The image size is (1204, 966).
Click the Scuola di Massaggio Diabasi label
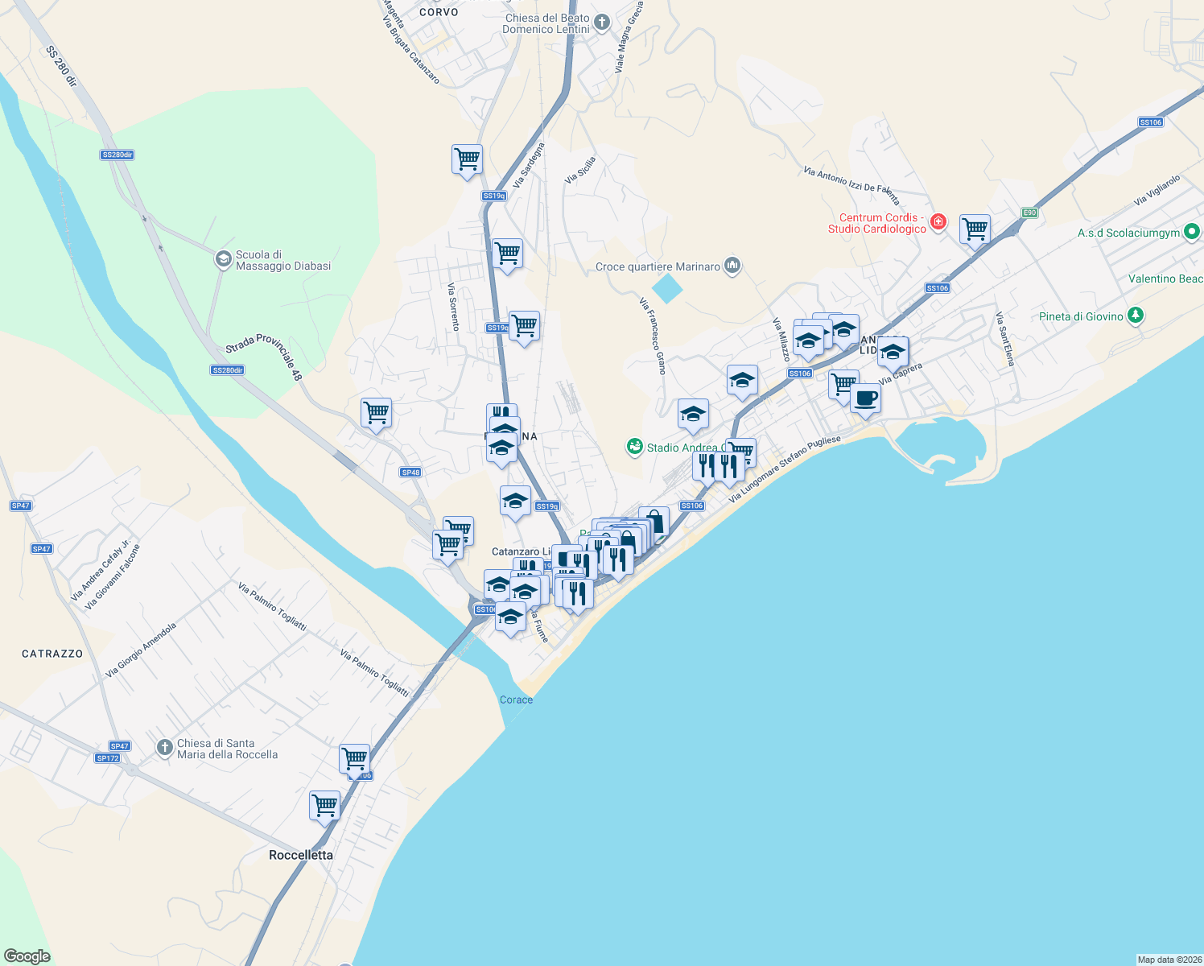[x=282, y=260]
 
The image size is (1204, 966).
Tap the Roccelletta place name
[x=301, y=855]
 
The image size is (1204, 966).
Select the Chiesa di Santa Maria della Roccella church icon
[x=165, y=748]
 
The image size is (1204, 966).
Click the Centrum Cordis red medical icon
[x=938, y=222]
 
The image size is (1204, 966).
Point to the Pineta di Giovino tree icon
[x=1136, y=316]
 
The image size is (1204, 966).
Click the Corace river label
[x=516, y=700]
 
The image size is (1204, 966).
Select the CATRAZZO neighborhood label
[x=52, y=654]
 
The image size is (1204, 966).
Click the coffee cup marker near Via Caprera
[x=865, y=398]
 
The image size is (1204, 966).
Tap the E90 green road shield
[x=1029, y=213]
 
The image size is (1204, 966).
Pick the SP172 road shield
[x=107, y=758]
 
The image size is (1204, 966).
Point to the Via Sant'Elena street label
[x=1005, y=339]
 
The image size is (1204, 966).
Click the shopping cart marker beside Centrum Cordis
[x=975, y=229]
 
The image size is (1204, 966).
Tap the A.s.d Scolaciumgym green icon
[x=1192, y=233]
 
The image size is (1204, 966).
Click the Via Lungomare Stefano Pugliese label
[x=785, y=469]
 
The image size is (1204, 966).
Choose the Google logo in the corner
[x=27, y=956]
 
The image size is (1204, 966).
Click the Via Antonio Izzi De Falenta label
[x=851, y=185]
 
